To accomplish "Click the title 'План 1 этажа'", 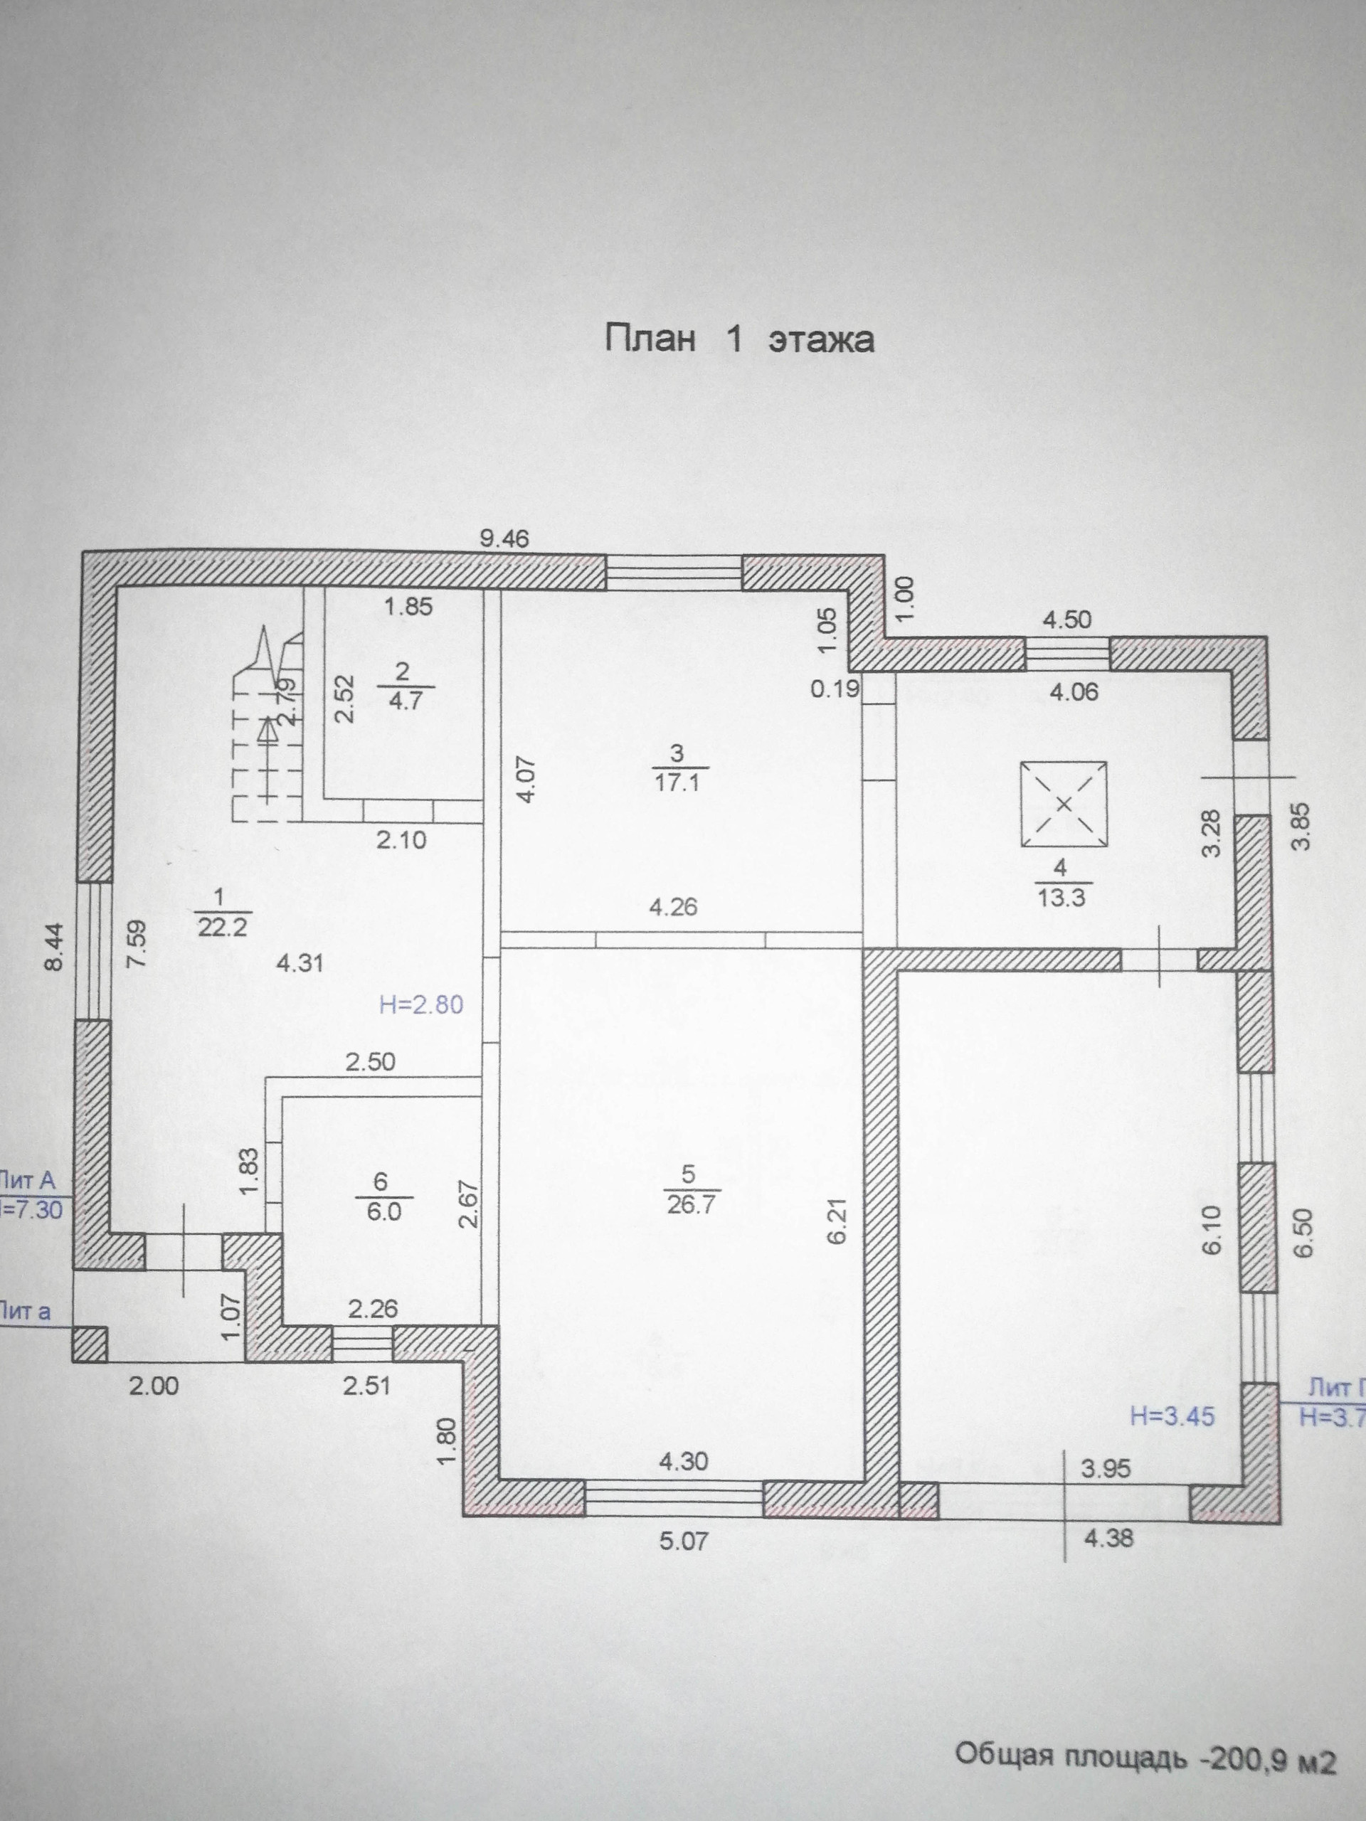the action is point(738,339).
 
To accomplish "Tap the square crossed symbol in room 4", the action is point(1063,805).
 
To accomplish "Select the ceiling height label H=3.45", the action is point(1172,1417).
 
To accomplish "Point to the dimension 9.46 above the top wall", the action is point(504,540).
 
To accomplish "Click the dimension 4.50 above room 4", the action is point(1067,620).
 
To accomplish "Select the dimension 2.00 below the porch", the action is point(154,1386).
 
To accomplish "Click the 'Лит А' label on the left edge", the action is point(29,1181).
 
